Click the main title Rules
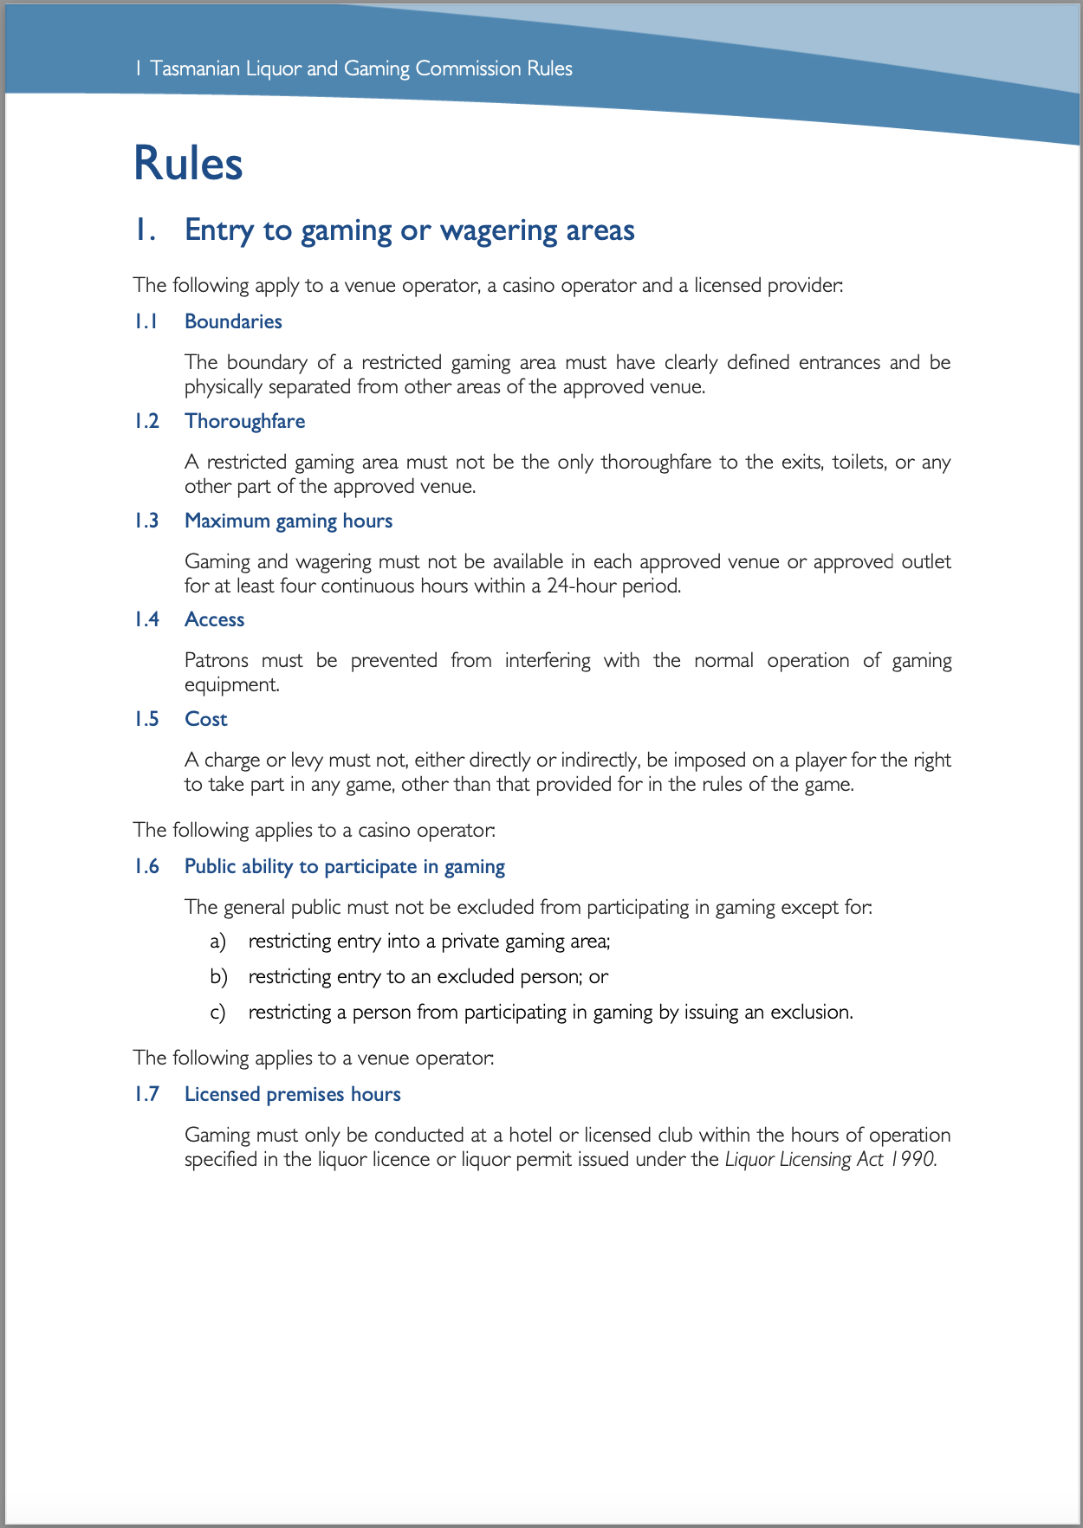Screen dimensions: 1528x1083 click(188, 164)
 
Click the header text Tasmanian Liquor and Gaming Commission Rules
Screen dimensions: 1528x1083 click(360, 68)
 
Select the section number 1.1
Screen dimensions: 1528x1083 click(146, 321)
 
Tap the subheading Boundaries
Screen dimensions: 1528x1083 click(233, 321)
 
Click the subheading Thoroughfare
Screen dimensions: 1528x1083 click(244, 421)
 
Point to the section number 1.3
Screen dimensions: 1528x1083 click(146, 521)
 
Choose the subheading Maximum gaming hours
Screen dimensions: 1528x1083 click(289, 521)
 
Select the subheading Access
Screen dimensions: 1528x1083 click(214, 619)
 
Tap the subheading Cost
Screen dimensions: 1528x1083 click(205, 719)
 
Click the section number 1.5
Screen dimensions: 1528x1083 click(146, 719)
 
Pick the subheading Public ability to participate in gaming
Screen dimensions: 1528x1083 click(344, 866)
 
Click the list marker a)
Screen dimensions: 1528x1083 click(217, 941)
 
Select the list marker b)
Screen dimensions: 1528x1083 click(218, 976)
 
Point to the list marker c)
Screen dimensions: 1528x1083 click(217, 1012)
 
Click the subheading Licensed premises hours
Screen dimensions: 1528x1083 click(292, 1094)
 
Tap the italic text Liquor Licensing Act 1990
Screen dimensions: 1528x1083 click(830, 1159)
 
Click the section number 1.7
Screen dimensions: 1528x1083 click(146, 1094)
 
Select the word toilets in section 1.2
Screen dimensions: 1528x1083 click(858, 462)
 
